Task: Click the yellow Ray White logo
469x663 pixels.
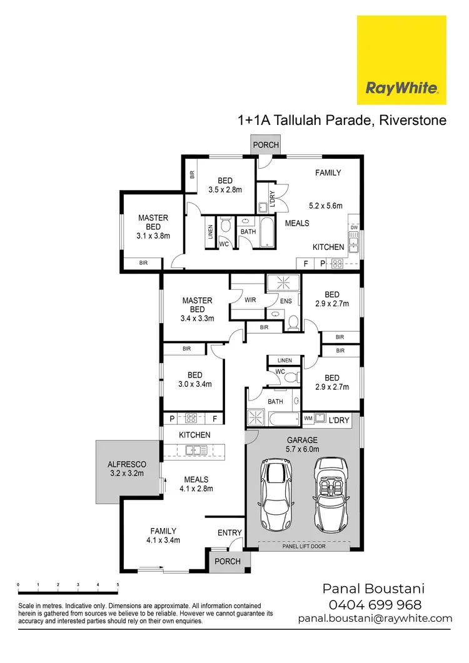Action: (x=401, y=60)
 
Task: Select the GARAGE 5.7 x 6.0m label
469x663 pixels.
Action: (x=303, y=444)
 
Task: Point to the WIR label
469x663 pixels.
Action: (x=250, y=300)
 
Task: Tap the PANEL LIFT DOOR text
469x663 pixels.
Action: (x=303, y=546)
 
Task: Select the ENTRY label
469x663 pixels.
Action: (x=229, y=532)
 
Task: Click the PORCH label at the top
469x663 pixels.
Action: (x=266, y=145)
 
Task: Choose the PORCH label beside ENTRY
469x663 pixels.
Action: (x=227, y=561)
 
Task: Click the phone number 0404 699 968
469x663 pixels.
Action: (x=375, y=604)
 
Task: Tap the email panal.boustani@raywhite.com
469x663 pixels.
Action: (x=375, y=618)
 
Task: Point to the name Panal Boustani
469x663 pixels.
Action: (x=374, y=589)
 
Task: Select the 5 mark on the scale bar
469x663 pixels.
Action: (x=118, y=585)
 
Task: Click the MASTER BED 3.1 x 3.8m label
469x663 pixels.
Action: (x=153, y=227)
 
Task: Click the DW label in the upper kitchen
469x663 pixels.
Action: (x=354, y=227)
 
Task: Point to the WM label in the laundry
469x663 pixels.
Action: (x=308, y=417)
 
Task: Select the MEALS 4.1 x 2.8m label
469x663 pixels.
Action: (x=197, y=484)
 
